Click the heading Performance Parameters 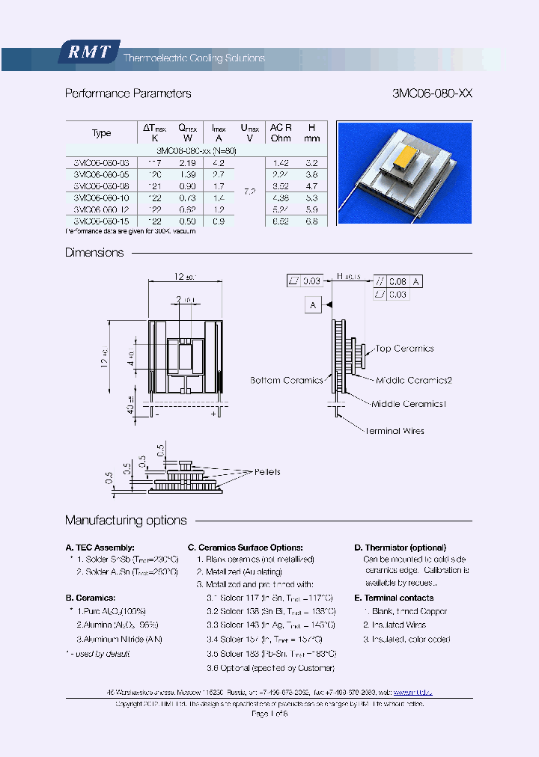(128, 94)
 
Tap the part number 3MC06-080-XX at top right (433, 94)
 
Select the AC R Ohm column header (281, 132)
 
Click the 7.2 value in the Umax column (249, 191)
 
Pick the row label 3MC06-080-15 (101, 222)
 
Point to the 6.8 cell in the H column (312, 222)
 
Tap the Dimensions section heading (94, 253)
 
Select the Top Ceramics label (404, 349)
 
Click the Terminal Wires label (395, 431)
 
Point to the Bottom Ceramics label (287, 380)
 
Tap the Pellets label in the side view (267, 472)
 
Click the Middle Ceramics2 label (414, 380)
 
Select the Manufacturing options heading (126, 521)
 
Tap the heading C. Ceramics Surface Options (245, 548)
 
